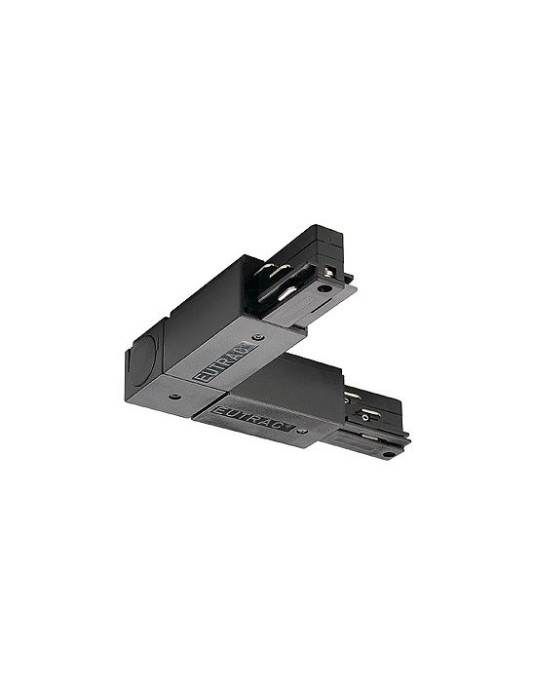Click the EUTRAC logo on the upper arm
point(224,362)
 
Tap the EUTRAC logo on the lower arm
point(252,417)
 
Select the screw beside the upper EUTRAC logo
point(259,337)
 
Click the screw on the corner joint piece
point(175,397)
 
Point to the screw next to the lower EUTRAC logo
point(301,431)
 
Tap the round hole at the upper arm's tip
point(324,288)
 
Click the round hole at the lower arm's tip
point(387,455)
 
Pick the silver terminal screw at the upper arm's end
point(329,272)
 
